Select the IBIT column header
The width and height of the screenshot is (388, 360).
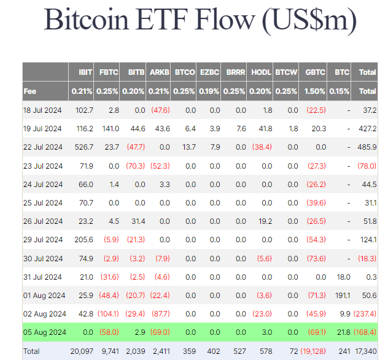pos(85,72)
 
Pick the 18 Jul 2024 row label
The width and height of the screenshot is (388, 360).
pos(43,110)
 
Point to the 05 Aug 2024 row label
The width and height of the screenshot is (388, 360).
pos(44,332)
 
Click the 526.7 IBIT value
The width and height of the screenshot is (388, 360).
pos(83,148)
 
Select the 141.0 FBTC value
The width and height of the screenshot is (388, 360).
pos(109,129)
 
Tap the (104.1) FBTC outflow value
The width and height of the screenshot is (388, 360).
pos(107,313)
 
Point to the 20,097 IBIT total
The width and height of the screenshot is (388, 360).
pos(82,351)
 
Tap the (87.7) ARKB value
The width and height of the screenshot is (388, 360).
pos(159,313)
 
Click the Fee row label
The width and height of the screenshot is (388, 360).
pos(30,91)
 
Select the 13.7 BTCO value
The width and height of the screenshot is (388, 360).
pos(185,148)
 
